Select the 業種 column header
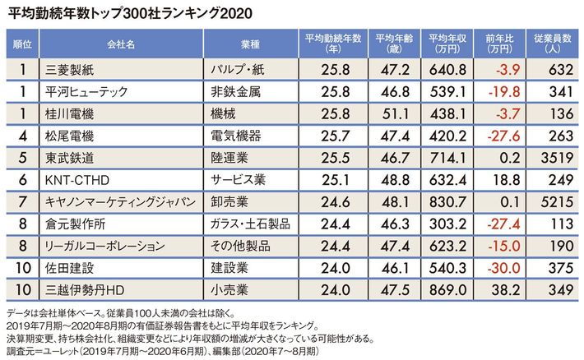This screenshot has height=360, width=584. [x=251, y=40]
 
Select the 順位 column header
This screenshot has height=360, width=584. [x=23, y=40]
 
